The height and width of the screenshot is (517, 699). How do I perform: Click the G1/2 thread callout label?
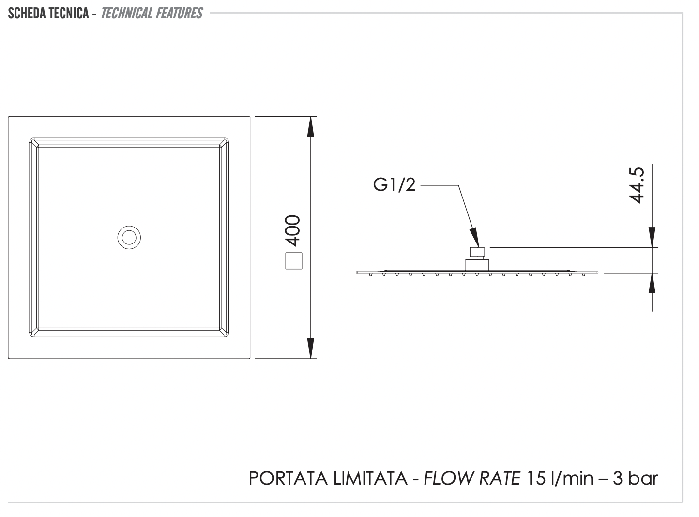394,185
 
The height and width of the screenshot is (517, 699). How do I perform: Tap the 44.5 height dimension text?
637,185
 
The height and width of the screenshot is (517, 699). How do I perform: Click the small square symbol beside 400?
293,261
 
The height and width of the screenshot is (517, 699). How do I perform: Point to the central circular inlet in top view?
129,238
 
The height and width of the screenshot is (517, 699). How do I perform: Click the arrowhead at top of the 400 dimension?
311,127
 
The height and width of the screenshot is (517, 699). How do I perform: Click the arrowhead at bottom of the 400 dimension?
311,348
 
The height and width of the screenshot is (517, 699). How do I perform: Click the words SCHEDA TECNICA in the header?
48,13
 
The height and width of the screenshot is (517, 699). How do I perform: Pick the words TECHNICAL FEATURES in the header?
152,13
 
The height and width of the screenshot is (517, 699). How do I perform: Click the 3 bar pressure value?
636,478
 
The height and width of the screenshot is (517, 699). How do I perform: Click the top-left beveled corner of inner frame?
34,142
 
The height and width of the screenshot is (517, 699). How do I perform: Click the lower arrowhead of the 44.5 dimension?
652,284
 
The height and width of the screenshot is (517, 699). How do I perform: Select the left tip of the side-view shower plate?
357,273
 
